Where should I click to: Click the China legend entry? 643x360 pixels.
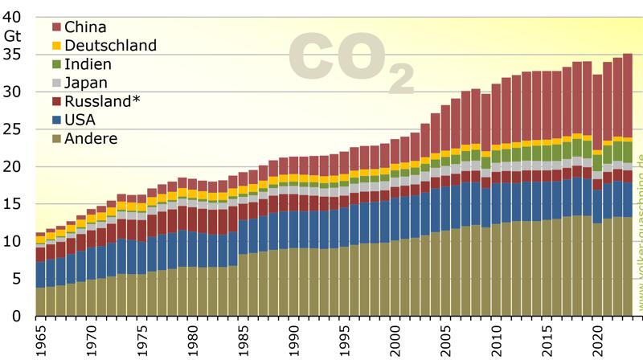(x=87, y=27)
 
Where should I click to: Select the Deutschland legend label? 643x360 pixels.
(x=110, y=46)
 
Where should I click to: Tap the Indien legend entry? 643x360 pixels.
(x=88, y=64)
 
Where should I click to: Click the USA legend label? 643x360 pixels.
(x=80, y=120)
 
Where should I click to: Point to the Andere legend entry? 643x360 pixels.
(x=90, y=138)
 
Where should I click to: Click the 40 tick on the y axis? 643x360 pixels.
(x=14, y=17)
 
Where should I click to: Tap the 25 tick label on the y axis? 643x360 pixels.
(x=14, y=129)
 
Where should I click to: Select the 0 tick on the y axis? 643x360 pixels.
(x=18, y=316)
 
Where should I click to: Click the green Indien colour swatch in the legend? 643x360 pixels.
(x=56, y=64)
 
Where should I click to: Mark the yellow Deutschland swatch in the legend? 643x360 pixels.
(x=56, y=46)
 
